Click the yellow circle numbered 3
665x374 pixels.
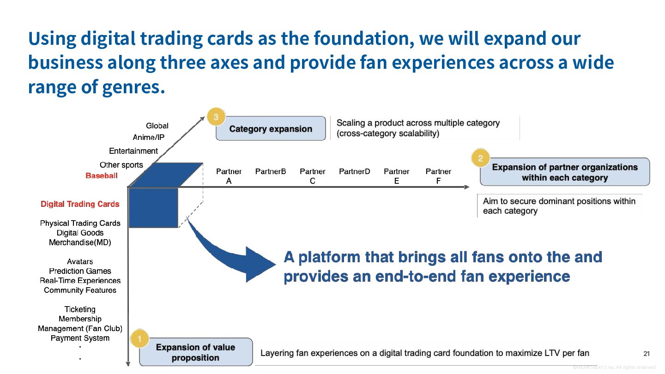216,117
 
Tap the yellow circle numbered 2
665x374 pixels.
480,158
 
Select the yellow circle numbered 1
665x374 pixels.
139,338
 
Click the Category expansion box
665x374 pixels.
271,128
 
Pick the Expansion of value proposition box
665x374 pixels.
196,352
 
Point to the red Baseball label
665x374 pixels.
102,176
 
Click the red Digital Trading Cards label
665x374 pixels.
80,204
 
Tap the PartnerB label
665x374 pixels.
271,171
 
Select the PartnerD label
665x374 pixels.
355,171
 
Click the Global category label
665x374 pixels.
157,126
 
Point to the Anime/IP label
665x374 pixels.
148,138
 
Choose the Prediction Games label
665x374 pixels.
80,271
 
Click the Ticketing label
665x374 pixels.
80,309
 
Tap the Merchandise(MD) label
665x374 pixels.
80,242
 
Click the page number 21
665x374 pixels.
647,354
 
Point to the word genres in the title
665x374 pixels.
133,87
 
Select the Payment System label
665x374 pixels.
80,338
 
